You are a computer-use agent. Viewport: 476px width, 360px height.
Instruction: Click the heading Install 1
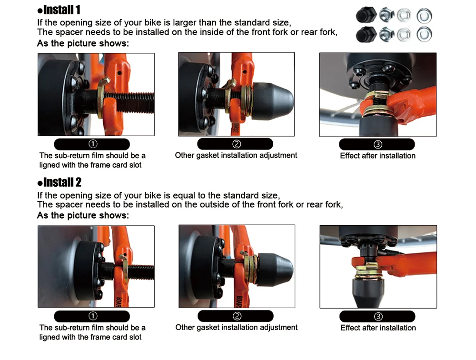click(59, 10)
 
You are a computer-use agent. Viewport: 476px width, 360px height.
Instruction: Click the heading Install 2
click(59, 182)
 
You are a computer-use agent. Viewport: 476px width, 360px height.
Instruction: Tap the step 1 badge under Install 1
click(92, 144)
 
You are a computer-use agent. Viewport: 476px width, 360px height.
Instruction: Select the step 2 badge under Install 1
click(235, 144)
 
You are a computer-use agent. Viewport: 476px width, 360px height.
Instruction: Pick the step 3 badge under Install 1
click(377, 144)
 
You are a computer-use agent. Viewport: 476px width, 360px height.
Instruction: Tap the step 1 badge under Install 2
click(92, 316)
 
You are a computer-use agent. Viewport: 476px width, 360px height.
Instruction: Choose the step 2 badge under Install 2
click(236, 316)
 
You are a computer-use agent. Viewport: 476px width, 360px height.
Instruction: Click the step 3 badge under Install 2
click(377, 316)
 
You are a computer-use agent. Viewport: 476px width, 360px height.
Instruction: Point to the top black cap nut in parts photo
click(366, 15)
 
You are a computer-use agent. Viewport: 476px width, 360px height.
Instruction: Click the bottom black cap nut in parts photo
click(366, 34)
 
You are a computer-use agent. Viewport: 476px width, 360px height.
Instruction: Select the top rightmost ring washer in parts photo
click(425, 16)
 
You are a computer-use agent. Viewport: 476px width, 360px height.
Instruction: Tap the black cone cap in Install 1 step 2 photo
click(272, 101)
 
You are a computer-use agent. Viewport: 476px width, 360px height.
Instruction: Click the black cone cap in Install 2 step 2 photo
click(275, 269)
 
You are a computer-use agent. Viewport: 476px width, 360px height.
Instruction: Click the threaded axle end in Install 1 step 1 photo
click(130, 102)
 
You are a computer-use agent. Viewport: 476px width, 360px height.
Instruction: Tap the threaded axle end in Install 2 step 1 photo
click(141, 272)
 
